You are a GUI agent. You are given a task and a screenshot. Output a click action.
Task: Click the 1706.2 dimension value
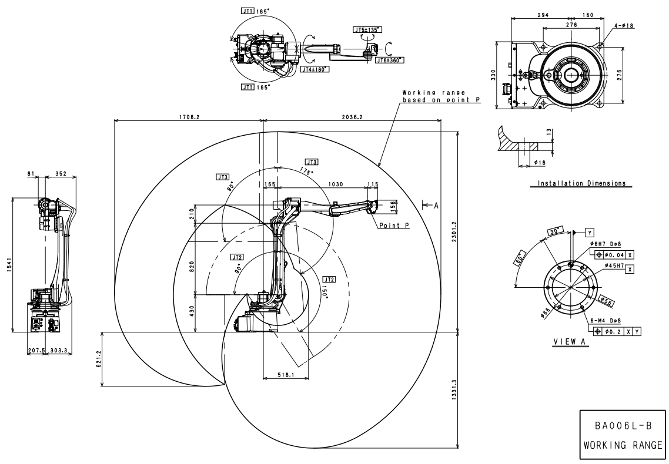[189, 117]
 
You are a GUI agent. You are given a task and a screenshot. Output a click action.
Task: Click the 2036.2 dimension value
[352, 117]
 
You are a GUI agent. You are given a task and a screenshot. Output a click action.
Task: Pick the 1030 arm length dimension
[335, 184]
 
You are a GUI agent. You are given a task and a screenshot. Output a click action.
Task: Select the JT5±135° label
[368, 29]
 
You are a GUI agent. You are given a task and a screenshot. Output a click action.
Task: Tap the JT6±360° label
[389, 59]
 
